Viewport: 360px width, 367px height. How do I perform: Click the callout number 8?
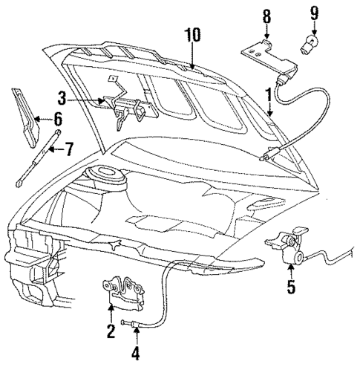[x=267, y=15]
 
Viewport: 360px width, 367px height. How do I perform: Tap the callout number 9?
[x=315, y=13]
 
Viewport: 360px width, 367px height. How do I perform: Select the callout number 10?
[x=192, y=34]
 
